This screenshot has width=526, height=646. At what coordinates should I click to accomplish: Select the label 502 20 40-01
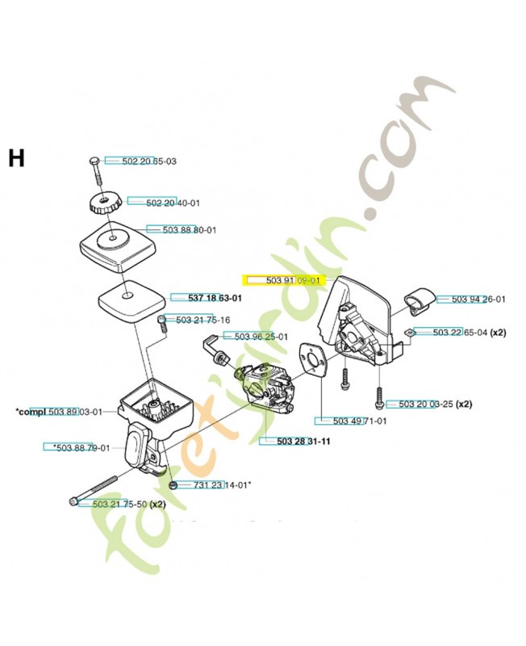click(x=150, y=203)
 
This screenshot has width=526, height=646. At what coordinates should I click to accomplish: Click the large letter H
click(x=17, y=158)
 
